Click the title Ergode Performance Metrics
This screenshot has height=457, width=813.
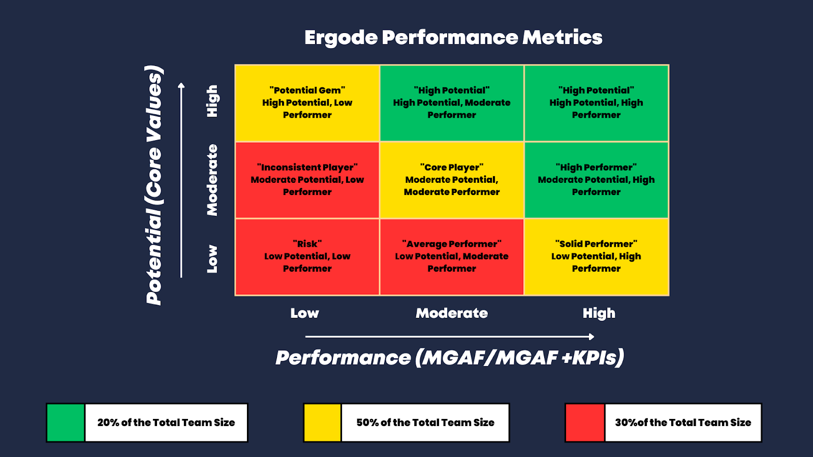pyautogui.click(x=453, y=38)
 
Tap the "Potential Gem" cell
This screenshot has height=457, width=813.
pyautogui.click(x=307, y=103)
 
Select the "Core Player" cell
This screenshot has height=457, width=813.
pyautogui.click(x=452, y=180)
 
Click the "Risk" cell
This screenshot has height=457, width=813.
pyautogui.click(x=307, y=256)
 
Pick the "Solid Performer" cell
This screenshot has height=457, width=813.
pyautogui.click(x=597, y=256)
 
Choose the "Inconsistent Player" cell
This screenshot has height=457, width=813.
pyautogui.click(x=307, y=180)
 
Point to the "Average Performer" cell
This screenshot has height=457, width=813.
pyautogui.click(x=452, y=256)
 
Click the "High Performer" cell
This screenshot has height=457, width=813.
pyautogui.click(x=597, y=180)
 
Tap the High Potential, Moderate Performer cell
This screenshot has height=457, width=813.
pyautogui.click(x=452, y=103)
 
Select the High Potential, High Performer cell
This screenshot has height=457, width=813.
pyautogui.click(x=597, y=103)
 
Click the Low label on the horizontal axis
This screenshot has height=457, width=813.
pyautogui.click(x=304, y=313)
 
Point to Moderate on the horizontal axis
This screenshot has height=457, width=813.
pyautogui.click(x=452, y=313)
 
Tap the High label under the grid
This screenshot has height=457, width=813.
pyautogui.click(x=599, y=313)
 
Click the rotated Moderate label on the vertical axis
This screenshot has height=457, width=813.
pyautogui.click(x=212, y=180)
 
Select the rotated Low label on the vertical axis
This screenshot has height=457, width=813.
pyautogui.click(x=212, y=259)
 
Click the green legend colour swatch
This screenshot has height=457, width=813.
pyautogui.click(x=66, y=423)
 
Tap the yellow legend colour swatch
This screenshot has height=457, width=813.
pyautogui.click(x=322, y=423)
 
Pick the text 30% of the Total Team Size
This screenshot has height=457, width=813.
pyautogui.click(x=683, y=422)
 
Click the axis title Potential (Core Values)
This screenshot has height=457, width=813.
pyautogui.click(x=154, y=185)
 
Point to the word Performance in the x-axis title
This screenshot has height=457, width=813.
pyautogui.click(x=343, y=358)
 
